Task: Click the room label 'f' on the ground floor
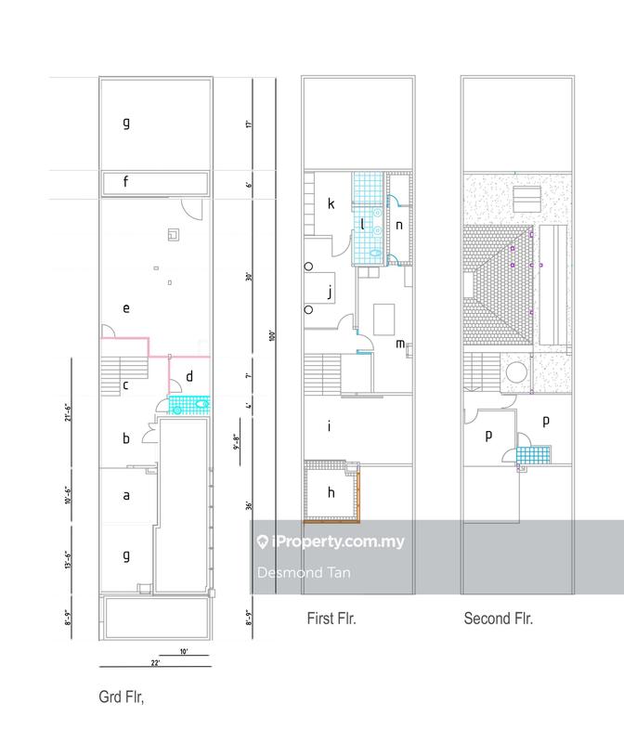125,182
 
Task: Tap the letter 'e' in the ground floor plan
125,306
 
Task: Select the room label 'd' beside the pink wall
189,376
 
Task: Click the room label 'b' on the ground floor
125,438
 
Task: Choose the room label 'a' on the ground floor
125,496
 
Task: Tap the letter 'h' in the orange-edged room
329,492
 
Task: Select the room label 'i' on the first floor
329,426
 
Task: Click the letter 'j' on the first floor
329,293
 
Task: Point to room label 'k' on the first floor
329,203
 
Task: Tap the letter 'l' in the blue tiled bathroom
363,224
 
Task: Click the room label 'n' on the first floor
399,224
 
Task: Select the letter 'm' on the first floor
399,344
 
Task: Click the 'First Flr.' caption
331,618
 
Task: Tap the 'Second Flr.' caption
499,618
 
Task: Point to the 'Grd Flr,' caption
123,696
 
